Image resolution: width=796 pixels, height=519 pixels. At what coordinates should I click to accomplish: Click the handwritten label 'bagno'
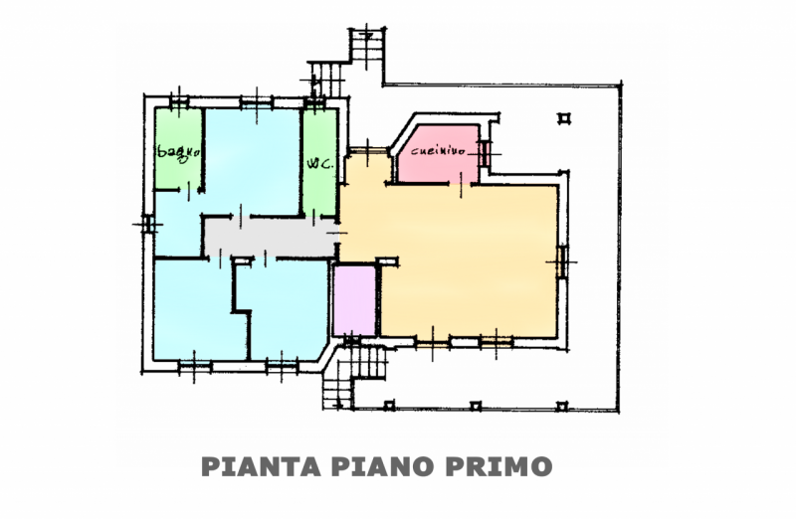pyautogui.click(x=179, y=152)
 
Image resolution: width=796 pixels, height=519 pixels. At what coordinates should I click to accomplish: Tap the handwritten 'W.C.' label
pyautogui.click(x=319, y=163)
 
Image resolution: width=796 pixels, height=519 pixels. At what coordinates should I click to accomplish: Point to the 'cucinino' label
pyautogui.click(x=438, y=150)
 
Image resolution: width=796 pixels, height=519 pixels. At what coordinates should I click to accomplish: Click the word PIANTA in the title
pyautogui.click(x=261, y=466)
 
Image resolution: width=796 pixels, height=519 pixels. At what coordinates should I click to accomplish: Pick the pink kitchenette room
pyautogui.click(x=438, y=155)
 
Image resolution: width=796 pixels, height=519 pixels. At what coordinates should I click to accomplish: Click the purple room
pyautogui.click(x=354, y=300)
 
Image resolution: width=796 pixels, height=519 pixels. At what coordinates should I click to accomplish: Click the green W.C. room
pyautogui.click(x=319, y=161)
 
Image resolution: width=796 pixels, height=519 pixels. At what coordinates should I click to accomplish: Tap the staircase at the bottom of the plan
pyautogui.click(x=353, y=373)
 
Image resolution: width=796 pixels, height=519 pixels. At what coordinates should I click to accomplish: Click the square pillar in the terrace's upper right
pyautogui.click(x=564, y=118)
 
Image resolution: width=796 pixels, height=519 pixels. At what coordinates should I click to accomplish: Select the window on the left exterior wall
pyautogui.click(x=147, y=224)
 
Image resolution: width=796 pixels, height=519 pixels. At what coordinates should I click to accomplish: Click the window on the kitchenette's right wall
pyautogui.click(x=485, y=153)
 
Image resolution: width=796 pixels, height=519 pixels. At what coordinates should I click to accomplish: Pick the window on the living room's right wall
pyautogui.click(x=562, y=261)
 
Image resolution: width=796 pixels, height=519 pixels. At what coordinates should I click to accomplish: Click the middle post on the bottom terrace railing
pyautogui.click(x=476, y=406)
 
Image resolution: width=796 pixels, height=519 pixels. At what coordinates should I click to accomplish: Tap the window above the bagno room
pyautogui.click(x=179, y=103)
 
